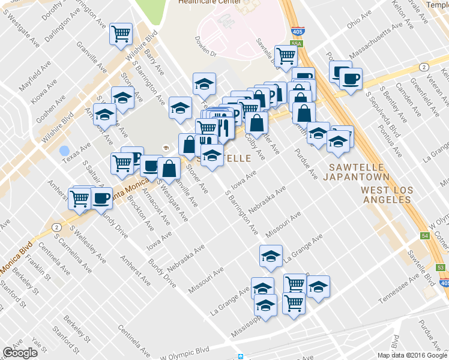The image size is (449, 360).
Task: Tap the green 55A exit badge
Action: point(295,43)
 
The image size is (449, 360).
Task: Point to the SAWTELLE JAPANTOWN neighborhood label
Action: point(356,172)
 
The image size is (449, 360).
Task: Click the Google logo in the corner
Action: point(20,353)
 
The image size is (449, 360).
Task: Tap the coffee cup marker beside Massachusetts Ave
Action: point(349,78)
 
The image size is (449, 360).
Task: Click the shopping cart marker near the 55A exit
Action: point(286,56)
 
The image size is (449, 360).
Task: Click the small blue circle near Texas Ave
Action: point(64,150)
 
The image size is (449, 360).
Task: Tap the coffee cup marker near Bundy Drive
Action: point(101,197)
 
